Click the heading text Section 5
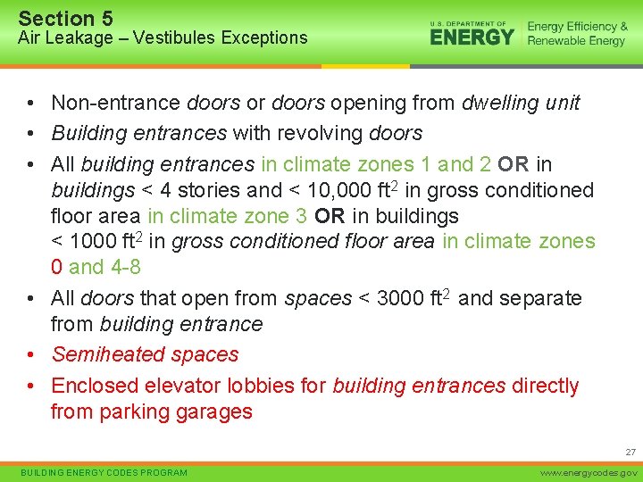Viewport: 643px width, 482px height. [65, 18]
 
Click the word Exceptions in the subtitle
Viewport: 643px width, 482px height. [264, 37]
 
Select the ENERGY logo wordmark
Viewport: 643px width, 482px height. [472, 36]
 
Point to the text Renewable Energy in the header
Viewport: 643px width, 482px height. [576, 41]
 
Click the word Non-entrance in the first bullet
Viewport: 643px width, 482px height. [115, 104]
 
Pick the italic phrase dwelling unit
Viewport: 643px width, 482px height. [521, 104]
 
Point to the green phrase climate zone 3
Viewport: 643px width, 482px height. [218, 216]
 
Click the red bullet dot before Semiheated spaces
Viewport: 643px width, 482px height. [30, 354]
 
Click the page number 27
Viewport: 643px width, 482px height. [630, 453]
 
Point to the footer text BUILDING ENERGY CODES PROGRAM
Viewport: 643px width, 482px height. [104, 472]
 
